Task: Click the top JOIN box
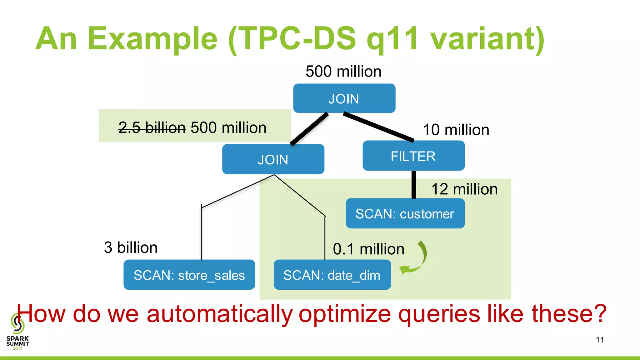point(344,98)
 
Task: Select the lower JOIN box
point(273,159)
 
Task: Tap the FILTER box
point(413,156)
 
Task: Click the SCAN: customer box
point(405,214)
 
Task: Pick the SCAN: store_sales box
point(189,275)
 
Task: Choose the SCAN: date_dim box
point(332,275)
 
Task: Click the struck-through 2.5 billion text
point(152,127)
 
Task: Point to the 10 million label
point(456,130)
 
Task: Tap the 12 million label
point(464,189)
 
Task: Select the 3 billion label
point(131,247)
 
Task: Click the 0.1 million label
point(368,249)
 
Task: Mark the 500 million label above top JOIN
point(343,72)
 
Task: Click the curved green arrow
point(417,259)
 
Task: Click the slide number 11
point(600,340)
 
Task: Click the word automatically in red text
point(220,314)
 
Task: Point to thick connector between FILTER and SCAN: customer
point(413,185)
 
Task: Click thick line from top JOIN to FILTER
point(379,127)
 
